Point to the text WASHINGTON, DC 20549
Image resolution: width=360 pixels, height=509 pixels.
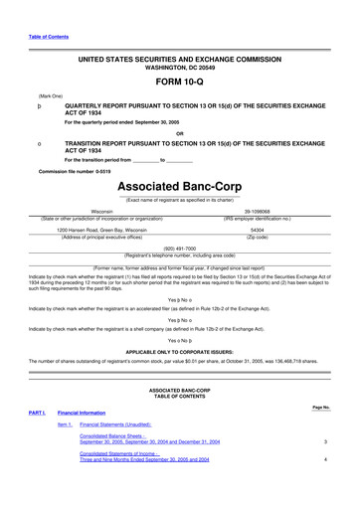tap(179, 69)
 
